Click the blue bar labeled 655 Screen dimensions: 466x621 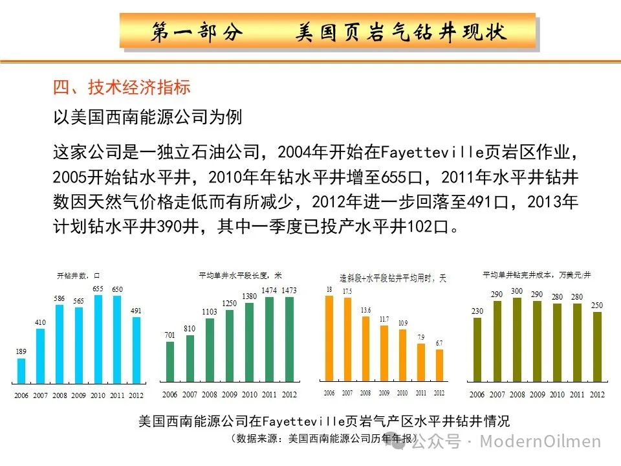click(x=98, y=340)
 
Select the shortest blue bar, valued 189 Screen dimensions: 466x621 click(x=21, y=371)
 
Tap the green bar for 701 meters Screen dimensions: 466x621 click(x=170, y=362)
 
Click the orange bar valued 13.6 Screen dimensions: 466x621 click(x=365, y=348)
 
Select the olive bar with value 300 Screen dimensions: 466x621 click(x=517, y=340)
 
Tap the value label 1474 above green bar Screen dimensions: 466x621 click(x=269, y=291)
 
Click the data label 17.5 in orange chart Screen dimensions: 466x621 click(x=347, y=292)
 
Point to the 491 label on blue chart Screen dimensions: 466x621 click(x=136, y=311)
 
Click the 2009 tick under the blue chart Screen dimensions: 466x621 click(x=78, y=395)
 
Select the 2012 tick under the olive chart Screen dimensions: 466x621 click(x=597, y=395)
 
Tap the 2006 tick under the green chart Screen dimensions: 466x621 click(x=170, y=395)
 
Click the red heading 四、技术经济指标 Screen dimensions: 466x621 click(x=122, y=87)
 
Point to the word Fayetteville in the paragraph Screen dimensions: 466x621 click(x=433, y=153)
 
